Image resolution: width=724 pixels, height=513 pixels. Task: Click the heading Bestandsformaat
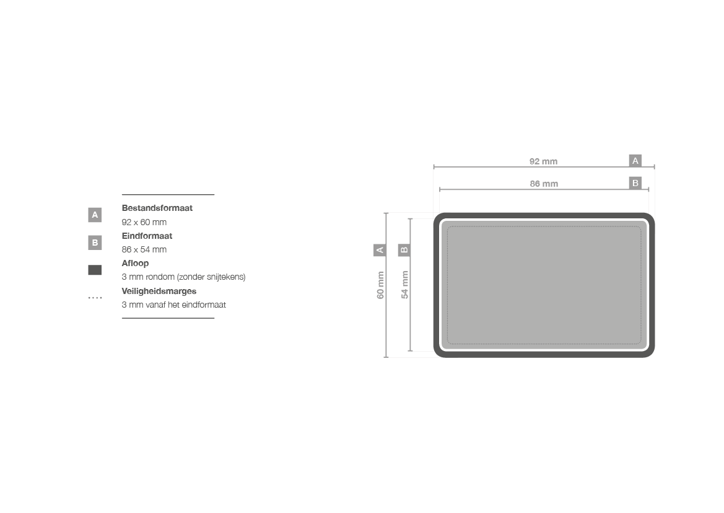tap(157, 208)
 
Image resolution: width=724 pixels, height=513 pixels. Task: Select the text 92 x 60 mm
tap(144, 222)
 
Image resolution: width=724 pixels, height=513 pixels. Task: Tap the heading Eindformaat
tap(147, 236)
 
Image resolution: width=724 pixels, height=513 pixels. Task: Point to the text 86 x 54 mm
tap(144, 249)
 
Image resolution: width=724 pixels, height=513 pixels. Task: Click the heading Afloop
tap(135, 263)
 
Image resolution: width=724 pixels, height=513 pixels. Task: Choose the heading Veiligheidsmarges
tap(159, 291)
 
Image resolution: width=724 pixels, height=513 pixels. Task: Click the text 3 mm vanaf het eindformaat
tap(173, 305)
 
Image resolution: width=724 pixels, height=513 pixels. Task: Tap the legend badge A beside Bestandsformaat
tap(95, 215)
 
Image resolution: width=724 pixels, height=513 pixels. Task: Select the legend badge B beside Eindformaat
tap(95, 243)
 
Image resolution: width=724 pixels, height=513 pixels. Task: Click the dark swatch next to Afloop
tap(95, 270)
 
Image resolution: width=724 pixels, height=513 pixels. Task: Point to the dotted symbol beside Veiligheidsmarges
tap(95, 298)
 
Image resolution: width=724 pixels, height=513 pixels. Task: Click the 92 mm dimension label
tap(543, 161)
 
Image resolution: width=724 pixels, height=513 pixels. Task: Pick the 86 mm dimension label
tap(544, 184)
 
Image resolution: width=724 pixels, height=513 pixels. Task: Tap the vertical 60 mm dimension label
tap(380, 285)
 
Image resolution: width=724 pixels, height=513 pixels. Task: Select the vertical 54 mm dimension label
tap(404, 285)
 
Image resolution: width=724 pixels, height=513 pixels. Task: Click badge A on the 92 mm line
tap(635, 161)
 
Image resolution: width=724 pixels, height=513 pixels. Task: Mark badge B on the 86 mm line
tap(635, 183)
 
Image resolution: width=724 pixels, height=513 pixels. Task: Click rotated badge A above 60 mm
tap(380, 250)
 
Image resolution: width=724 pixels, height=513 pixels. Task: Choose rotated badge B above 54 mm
tap(404, 250)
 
